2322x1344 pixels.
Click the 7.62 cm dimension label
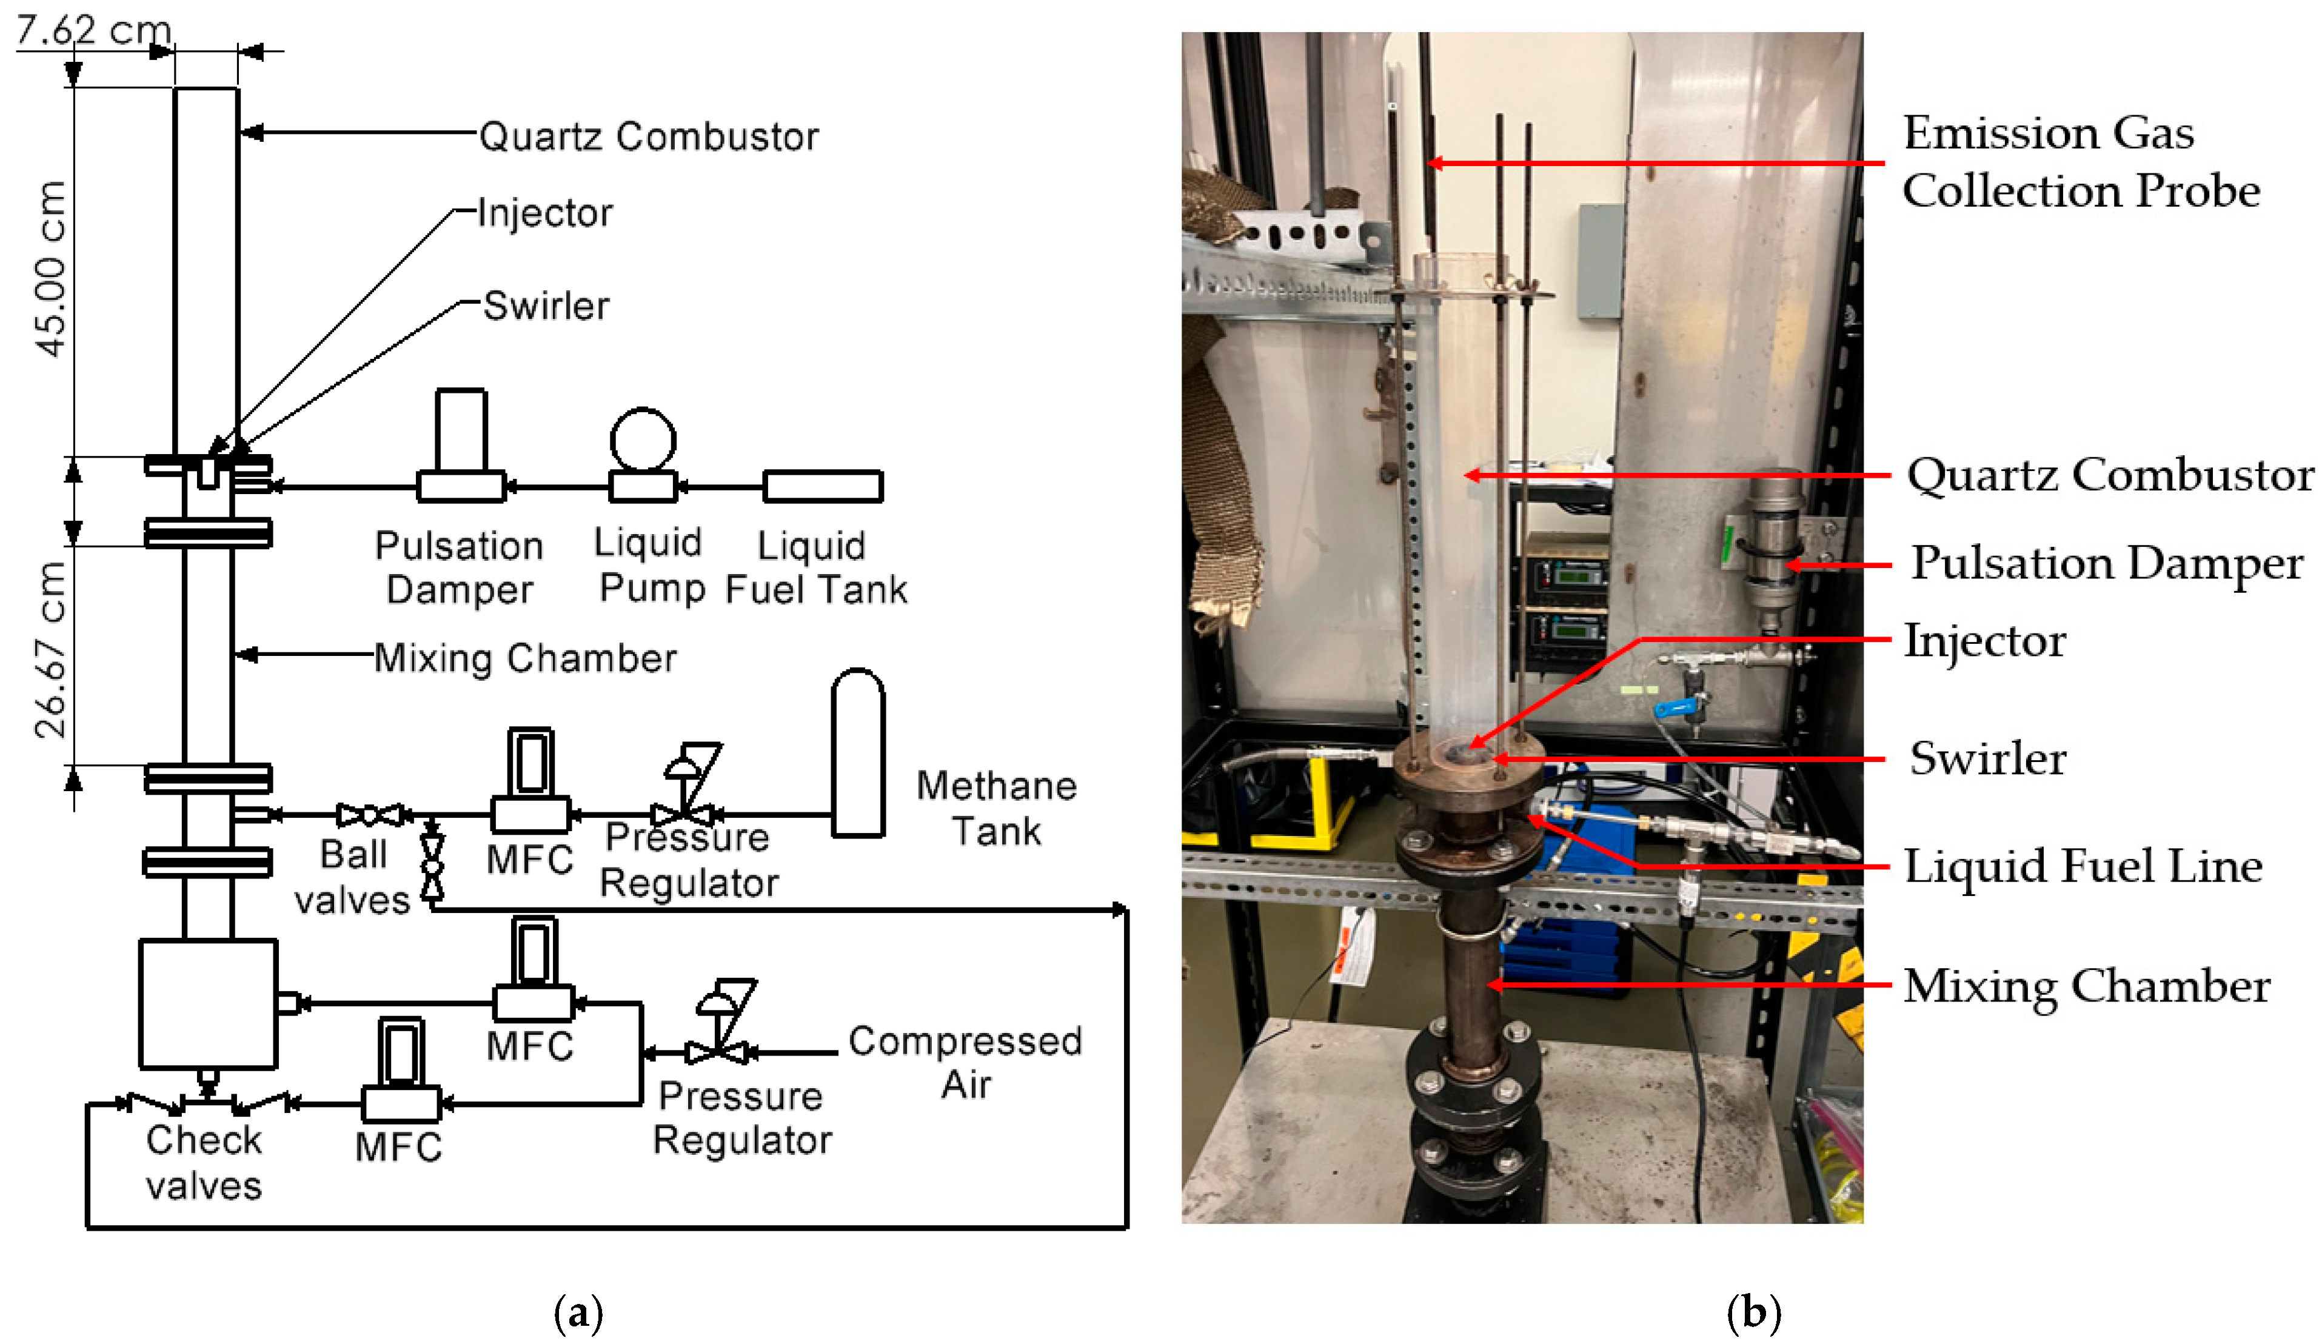coord(92,30)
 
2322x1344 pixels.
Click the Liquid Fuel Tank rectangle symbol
coord(822,486)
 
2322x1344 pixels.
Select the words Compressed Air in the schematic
coord(965,1062)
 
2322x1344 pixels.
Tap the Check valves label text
coord(204,1163)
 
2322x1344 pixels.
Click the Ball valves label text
coord(352,877)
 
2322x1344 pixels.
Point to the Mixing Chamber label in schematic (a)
coord(525,658)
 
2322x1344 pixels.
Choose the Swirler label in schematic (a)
coord(546,306)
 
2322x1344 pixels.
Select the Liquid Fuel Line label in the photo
coord(2083,866)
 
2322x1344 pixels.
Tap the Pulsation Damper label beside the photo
coord(2106,563)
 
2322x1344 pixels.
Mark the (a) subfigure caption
coord(578,1312)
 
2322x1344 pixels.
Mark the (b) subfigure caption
coord(1753,1312)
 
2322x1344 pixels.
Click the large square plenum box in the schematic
coord(207,1003)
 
